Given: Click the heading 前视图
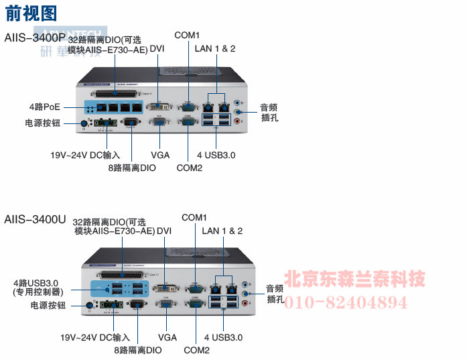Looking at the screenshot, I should click(31, 13).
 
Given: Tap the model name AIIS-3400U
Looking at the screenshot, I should click(35, 219).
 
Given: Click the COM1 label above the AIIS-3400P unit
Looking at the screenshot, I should click(187, 35).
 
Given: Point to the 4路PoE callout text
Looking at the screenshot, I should click(44, 107).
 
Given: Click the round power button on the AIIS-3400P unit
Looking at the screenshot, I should click(84, 123).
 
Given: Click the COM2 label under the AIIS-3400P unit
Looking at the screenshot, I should click(189, 168).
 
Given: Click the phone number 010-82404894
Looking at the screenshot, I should click(346, 302).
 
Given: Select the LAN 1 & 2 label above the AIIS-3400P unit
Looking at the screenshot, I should click(215, 48).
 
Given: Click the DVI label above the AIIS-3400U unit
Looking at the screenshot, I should click(164, 231).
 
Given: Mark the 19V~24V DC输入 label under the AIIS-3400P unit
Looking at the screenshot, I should click(85, 155).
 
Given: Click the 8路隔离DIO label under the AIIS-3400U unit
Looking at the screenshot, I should click(137, 350).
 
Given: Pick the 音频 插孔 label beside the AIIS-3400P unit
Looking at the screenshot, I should click(269, 112).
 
